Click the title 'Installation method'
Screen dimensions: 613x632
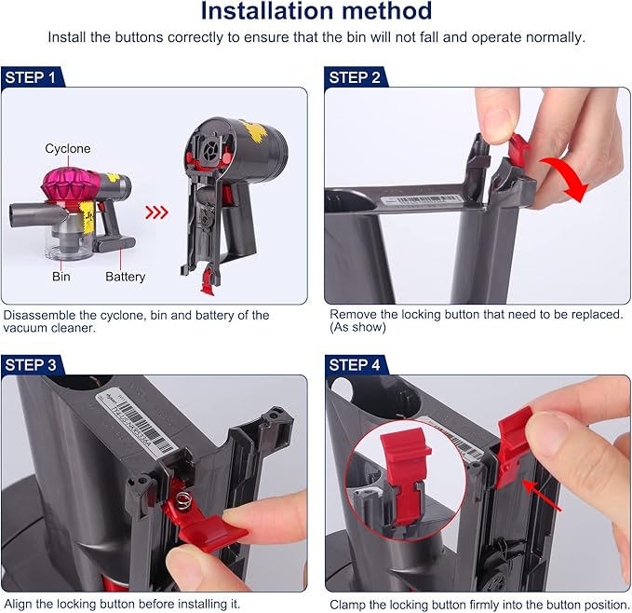316,13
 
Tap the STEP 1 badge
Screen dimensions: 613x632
32,77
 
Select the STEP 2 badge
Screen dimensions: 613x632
355,77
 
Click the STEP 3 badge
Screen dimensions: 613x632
32,365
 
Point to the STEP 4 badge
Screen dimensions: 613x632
355,365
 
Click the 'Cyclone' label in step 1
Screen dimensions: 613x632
68,149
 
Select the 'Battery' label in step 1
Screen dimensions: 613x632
125,277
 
